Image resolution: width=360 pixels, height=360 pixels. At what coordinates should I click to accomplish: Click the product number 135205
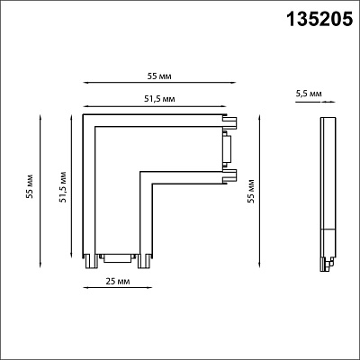pos(319,19)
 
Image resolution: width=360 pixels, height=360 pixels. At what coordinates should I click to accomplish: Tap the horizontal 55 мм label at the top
pos(159,76)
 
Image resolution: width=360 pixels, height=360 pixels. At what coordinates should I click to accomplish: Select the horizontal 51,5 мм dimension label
pos(159,99)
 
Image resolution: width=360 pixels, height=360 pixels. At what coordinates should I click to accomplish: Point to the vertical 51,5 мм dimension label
pos(63,186)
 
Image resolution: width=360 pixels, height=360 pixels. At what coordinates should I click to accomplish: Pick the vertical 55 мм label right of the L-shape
pos(251,192)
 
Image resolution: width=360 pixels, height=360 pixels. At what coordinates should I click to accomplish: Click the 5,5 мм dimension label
pos(309,94)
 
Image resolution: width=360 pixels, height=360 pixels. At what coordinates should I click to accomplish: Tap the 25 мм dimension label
pos(118,282)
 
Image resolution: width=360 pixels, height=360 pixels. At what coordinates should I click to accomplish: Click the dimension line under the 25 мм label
pos(118,288)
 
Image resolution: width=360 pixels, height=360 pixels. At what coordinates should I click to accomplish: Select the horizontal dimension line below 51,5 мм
pos(155,106)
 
